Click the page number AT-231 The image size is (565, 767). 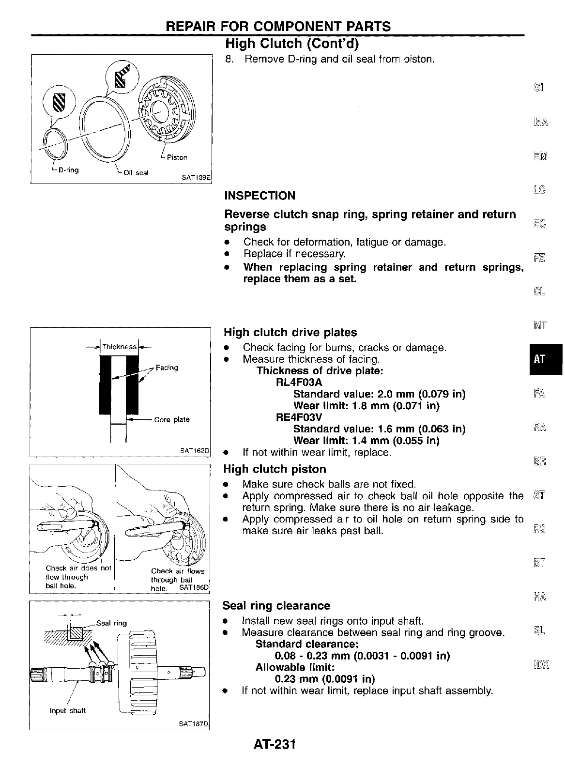(x=274, y=744)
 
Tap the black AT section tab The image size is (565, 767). (x=540, y=359)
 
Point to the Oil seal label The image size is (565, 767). (x=136, y=173)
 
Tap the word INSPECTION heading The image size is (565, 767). (x=260, y=196)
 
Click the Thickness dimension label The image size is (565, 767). (x=119, y=347)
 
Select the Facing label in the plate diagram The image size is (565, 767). (x=167, y=368)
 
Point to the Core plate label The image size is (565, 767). (x=171, y=419)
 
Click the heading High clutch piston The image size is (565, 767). (x=275, y=469)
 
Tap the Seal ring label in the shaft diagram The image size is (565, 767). (x=111, y=623)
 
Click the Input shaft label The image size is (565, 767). (x=67, y=711)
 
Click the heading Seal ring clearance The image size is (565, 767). (x=276, y=606)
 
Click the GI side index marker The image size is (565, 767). (x=539, y=88)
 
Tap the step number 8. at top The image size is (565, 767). (x=230, y=60)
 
